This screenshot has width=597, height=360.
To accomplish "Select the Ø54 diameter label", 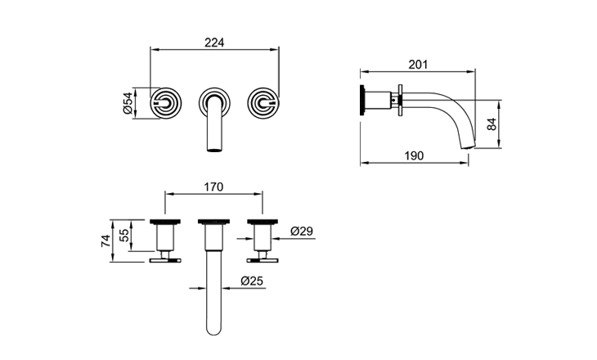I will (128, 101).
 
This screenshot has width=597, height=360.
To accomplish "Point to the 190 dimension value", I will (415, 155).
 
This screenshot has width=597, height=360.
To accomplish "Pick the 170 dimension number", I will (214, 187).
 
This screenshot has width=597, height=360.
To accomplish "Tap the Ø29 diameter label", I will (302, 232).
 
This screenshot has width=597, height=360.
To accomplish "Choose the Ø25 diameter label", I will (252, 282).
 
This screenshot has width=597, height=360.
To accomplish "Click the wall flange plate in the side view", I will (399, 101).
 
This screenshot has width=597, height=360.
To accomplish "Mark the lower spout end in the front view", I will (214, 147).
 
